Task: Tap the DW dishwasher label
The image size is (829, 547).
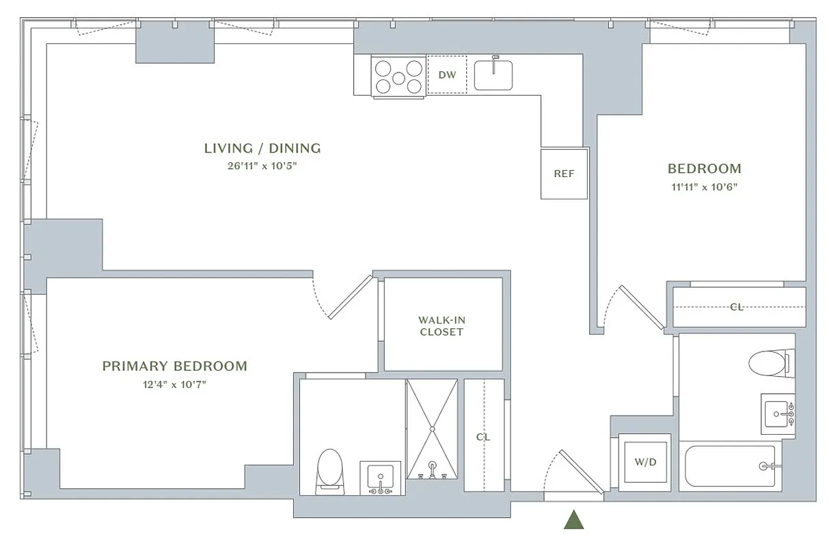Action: [447, 75]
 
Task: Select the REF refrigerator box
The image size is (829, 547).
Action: [564, 174]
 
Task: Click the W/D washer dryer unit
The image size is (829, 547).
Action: [644, 462]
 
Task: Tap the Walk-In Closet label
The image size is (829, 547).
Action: [441, 326]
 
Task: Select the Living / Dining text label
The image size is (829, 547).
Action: [262, 148]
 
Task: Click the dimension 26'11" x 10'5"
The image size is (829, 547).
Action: [262, 165]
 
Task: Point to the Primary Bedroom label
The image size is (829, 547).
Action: [175, 366]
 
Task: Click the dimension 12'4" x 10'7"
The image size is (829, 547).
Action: [175, 384]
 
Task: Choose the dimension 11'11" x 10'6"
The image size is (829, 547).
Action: [704, 186]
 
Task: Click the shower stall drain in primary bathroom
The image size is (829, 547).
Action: [432, 429]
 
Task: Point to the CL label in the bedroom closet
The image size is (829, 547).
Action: [737, 307]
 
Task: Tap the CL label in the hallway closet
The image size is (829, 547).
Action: [483, 437]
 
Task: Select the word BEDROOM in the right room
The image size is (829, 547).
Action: [704, 168]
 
